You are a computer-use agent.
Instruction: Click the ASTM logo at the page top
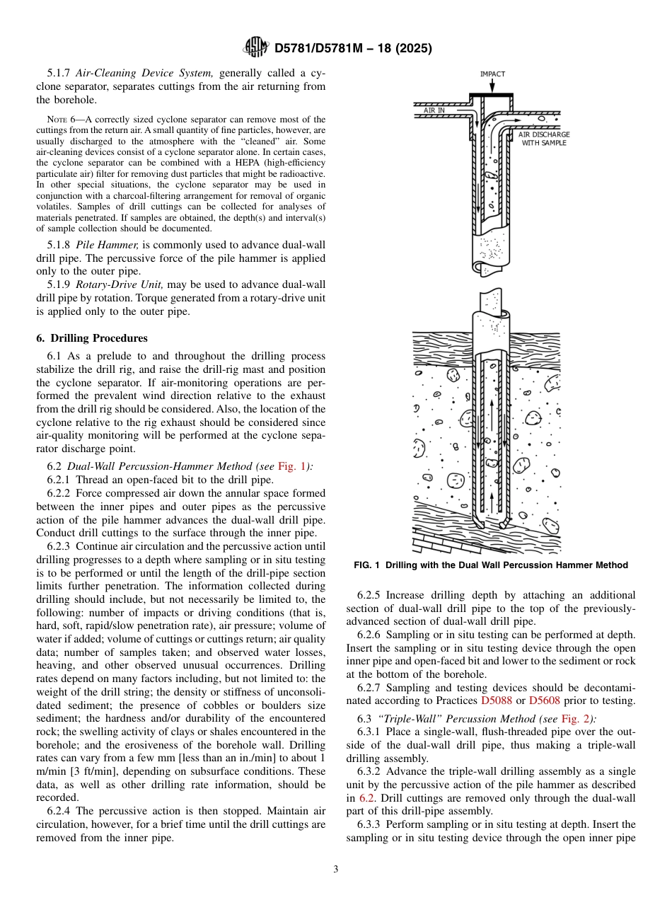(x=255, y=47)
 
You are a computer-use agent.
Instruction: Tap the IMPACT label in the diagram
(x=492, y=74)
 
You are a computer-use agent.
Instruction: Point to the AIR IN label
(x=434, y=110)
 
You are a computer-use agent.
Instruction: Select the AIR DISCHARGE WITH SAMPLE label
(x=543, y=139)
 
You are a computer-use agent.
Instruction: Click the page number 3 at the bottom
(x=335, y=870)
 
